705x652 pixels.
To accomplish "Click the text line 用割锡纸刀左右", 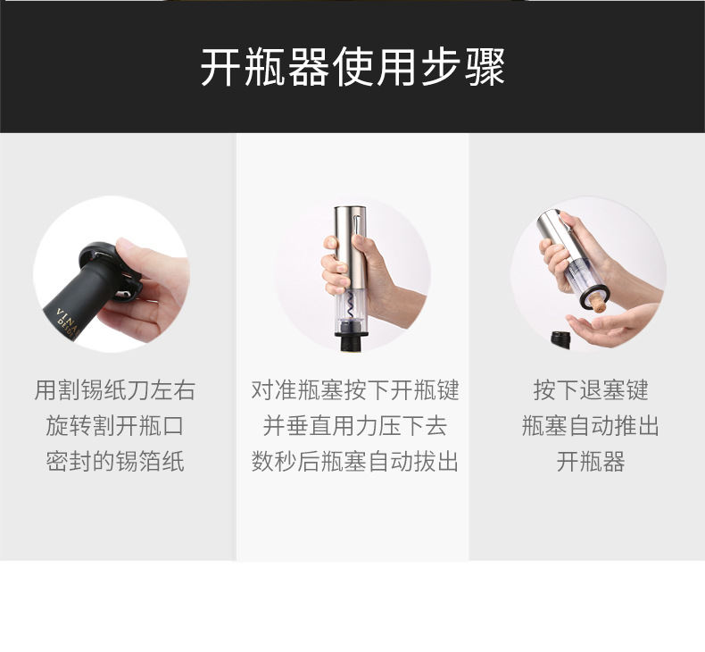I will tap(114, 390).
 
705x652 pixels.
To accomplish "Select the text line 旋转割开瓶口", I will tap(114, 426).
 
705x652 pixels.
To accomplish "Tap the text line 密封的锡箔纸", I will tap(114, 462).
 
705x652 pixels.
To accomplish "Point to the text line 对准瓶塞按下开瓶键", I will tap(354, 390).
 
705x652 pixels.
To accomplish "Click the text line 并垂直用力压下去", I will tap(354, 426).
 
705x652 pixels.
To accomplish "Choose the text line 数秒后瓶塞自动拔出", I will tap(354, 462).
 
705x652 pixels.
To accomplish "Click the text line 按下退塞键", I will tap(590, 390).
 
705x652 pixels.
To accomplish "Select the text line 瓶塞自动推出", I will tap(590, 426).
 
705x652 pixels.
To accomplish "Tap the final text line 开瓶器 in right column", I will tap(590, 462).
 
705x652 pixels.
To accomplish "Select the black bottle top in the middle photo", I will tap(352, 344).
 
